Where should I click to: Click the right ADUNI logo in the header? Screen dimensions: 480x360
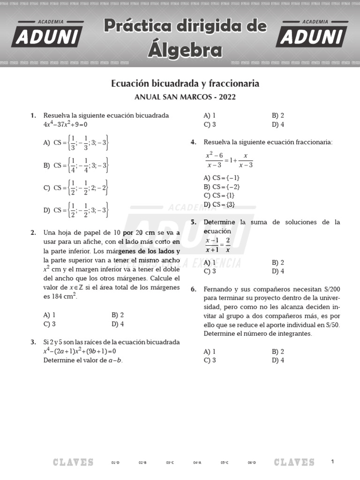pos(312,34)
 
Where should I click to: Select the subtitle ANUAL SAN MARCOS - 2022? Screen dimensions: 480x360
pos(185,97)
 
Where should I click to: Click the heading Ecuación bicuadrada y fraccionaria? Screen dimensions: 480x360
pos(185,83)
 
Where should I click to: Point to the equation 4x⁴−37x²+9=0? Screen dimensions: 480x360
pos(66,125)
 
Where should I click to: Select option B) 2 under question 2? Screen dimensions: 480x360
pos(118,315)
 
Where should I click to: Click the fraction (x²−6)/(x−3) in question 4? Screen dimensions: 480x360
pos(214,160)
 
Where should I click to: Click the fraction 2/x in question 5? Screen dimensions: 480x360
pos(228,245)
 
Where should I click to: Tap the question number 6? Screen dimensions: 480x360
pos(193,289)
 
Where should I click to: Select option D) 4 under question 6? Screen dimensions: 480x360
pos(278,360)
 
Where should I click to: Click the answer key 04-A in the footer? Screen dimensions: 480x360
pos(197,463)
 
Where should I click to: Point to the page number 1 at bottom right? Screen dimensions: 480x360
pos(332,462)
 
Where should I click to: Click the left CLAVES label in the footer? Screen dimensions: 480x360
pos(73,462)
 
